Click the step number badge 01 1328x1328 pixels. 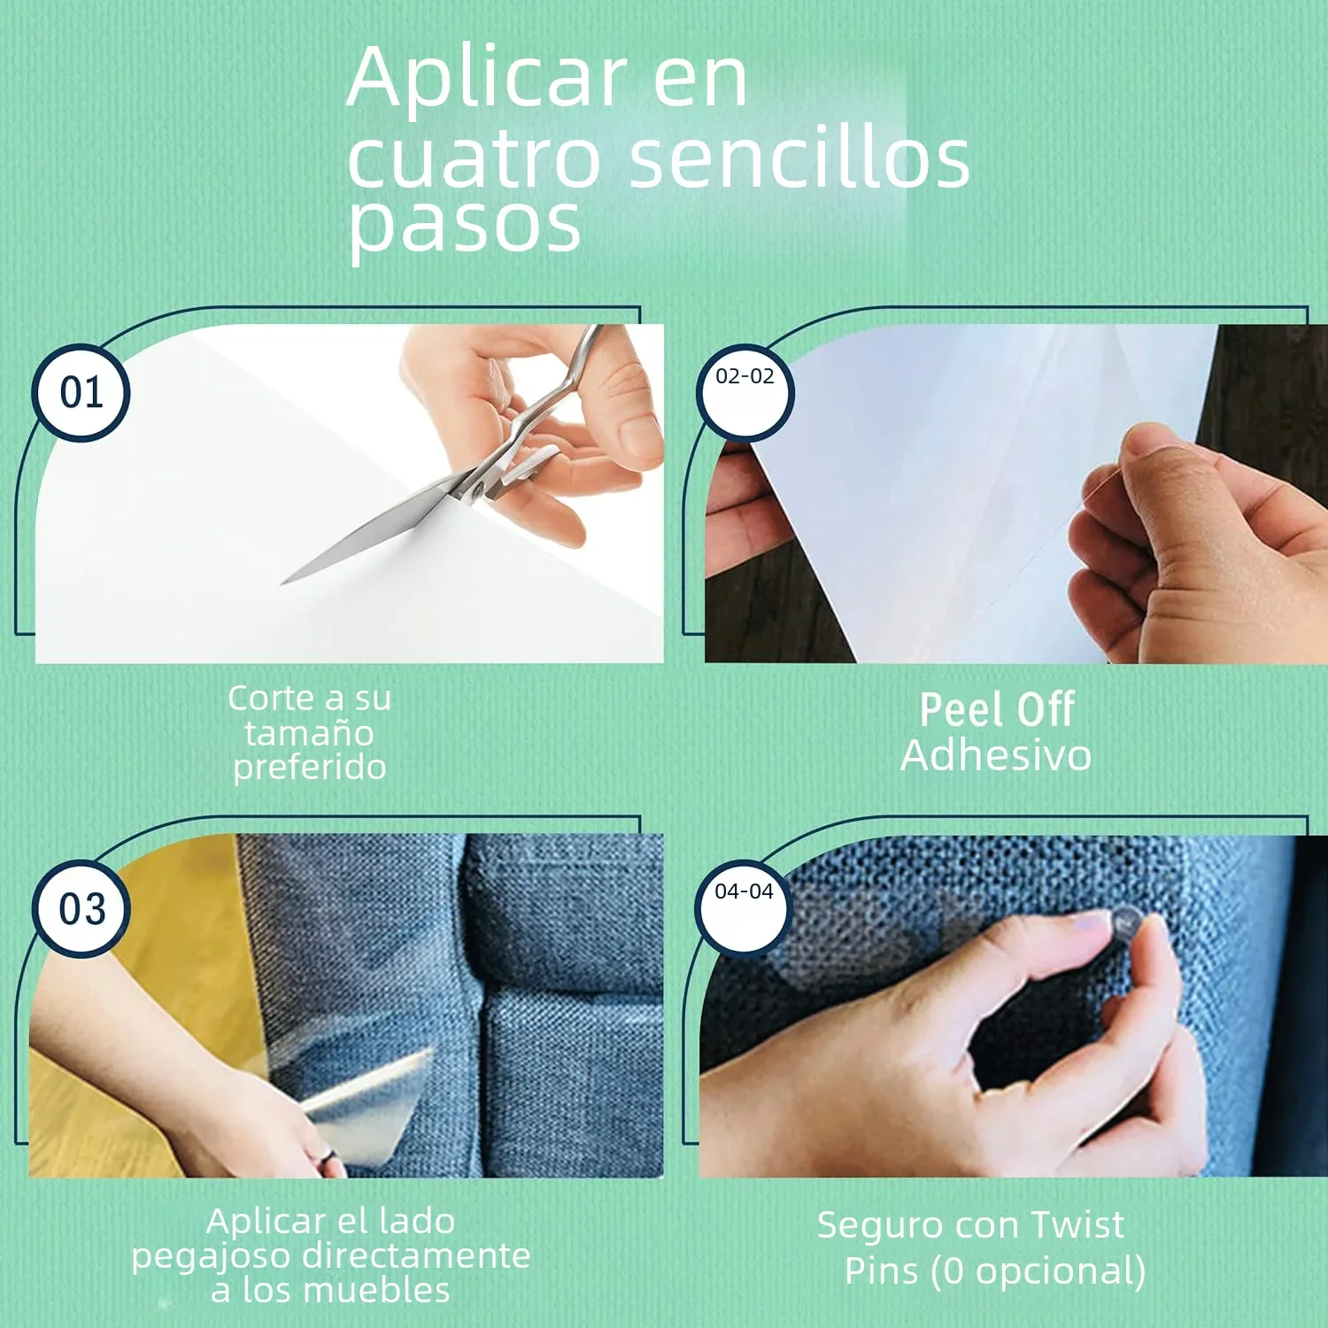tap(81, 393)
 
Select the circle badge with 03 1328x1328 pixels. tap(81, 909)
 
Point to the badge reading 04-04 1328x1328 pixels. tap(744, 907)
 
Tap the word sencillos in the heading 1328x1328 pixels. tap(799, 159)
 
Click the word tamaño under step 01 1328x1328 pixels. tap(309, 733)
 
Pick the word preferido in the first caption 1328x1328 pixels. tap(309, 767)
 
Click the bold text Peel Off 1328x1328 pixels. tap(997, 709)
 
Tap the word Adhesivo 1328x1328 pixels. tap(996, 755)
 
